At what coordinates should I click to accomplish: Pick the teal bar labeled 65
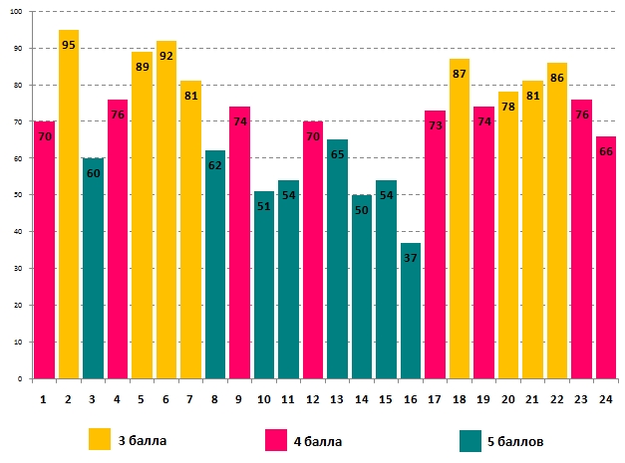pyautogui.click(x=338, y=259)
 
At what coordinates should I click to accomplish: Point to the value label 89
pyautogui.click(x=143, y=68)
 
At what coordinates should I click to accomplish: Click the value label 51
pyautogui.click(x=264, y=207)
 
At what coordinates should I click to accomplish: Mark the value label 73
pyautogui.click(x=435, y=126)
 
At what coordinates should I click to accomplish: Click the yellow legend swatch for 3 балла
pyautogui.click(x=100, y=438)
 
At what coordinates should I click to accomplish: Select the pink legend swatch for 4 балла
pyautogui.click(x=277, y=438)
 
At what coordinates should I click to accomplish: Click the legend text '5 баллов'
pyautogui.click(x=517, y=439)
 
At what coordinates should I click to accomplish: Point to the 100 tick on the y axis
pyautogui.click(x=22, y=12)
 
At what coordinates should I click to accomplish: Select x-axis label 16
pyautogui.click(x=411, y=398)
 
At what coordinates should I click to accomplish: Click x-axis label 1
pyautogui.click(x=44, y=398)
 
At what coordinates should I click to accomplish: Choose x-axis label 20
pyautogui.click(x=508, y=398)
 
